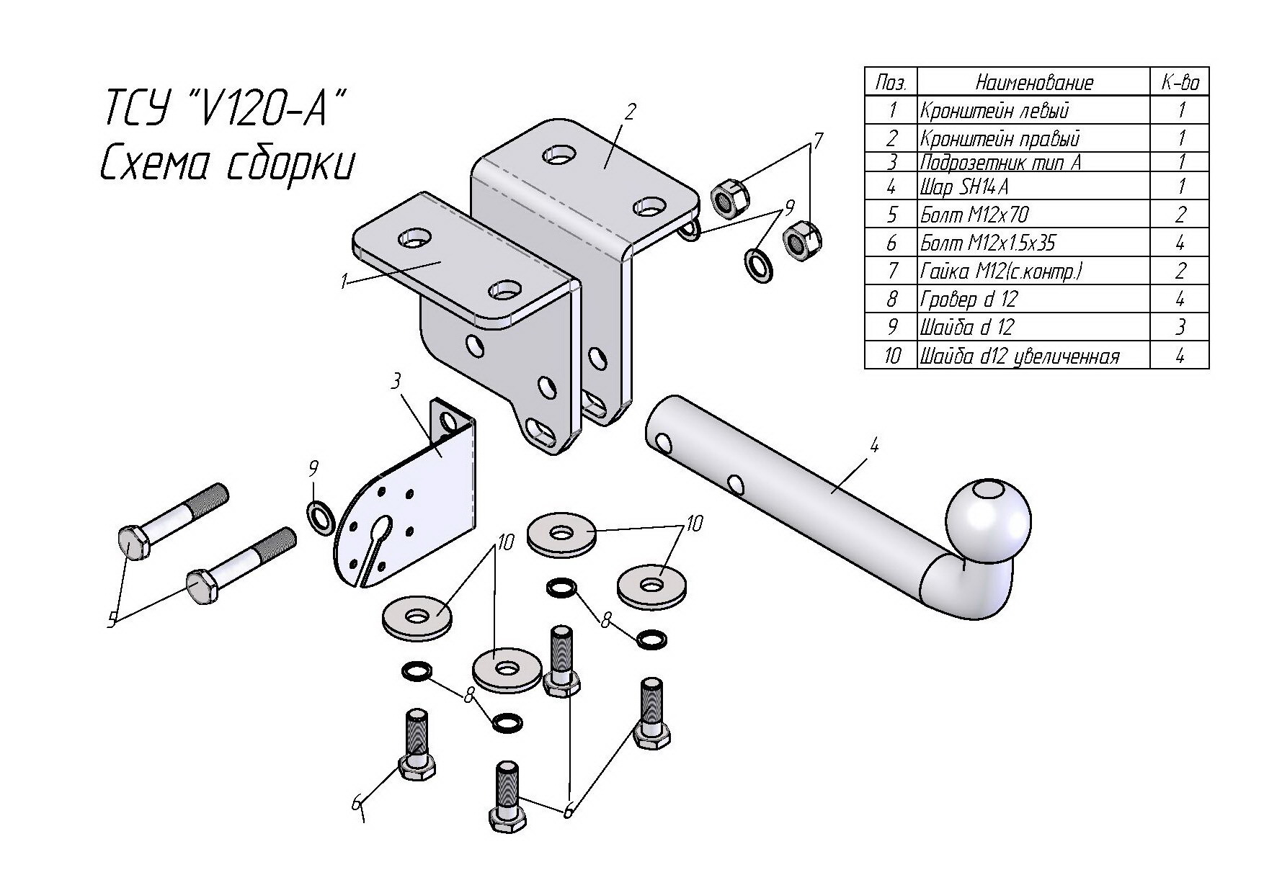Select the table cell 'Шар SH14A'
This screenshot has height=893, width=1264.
964,187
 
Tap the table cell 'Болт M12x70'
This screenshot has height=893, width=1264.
974,215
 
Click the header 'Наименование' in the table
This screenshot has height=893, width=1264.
1033,83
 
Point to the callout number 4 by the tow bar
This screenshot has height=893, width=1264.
873,446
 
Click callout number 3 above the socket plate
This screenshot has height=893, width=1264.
396,382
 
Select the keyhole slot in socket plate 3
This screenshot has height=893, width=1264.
379,533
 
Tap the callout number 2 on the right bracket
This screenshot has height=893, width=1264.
631,112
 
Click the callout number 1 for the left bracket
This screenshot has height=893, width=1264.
345,281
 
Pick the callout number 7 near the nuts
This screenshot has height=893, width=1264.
817,140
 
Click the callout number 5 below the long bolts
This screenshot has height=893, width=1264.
112,620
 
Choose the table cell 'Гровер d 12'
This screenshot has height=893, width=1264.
969,299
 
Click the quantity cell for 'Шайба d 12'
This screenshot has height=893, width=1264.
1180,327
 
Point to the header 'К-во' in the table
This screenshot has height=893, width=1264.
1180,83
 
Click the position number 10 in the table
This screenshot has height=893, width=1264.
891,356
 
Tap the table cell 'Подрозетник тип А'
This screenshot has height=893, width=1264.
1000,162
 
